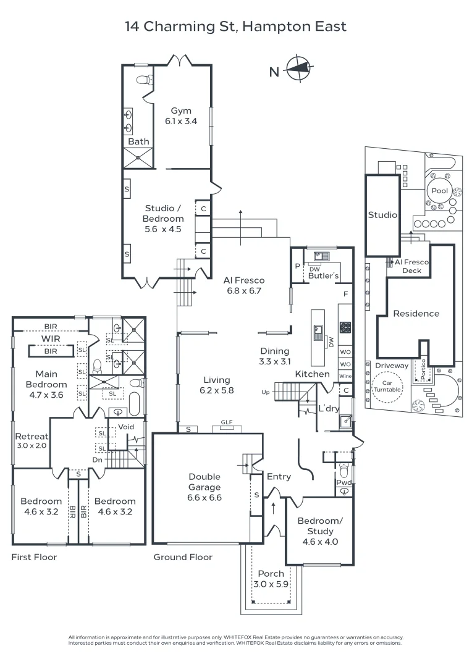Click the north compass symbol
tap(298, 69)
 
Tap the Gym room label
tap(181, 116)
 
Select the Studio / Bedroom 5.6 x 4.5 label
tap(163, 219)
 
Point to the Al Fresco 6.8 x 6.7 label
tap(244, 285)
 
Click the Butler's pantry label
tap(323, 275)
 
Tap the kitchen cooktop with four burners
tap(345, 327)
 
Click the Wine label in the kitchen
tap(345, 376)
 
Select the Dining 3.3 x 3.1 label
tap(275, 356)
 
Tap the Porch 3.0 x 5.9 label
tap(271, 579)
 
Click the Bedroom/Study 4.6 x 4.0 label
tap(320, 531)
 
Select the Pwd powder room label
tap(343, 482)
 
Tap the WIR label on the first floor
tap(51, 339)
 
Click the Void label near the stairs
tap(126, 427)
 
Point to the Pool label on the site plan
tap(440, 191)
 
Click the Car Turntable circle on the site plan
tap(388, 386)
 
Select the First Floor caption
tap(34, 557)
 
